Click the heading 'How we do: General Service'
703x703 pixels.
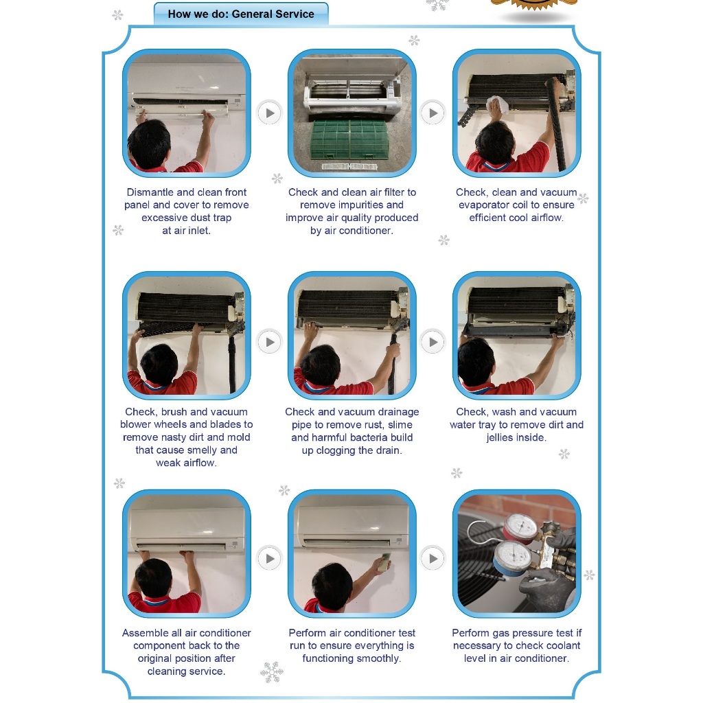241,14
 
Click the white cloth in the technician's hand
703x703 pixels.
498,105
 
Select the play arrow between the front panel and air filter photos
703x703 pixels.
269,113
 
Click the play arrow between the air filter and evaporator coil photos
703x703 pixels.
433,113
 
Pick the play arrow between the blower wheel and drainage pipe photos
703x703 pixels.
269,342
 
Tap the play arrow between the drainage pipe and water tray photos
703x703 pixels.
433,342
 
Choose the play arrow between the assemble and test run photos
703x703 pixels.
269,559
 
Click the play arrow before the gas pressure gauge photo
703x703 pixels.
433,559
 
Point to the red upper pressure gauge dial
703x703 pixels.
521,527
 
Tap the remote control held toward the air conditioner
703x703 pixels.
384,562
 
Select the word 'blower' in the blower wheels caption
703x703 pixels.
135,424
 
